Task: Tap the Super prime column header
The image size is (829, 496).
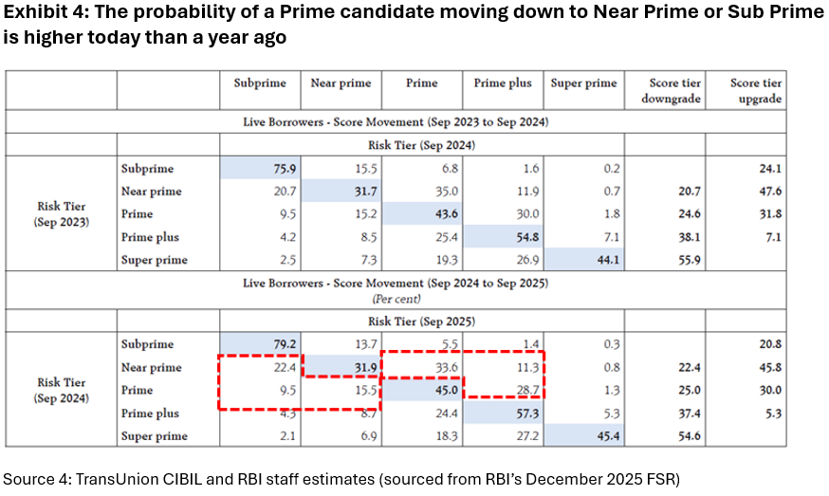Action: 582,83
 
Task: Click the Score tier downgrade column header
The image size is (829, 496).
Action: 675,91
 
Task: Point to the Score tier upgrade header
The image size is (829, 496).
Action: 756,91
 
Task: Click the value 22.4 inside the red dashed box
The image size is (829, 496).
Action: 272,368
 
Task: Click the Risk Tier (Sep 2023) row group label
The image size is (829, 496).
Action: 62,214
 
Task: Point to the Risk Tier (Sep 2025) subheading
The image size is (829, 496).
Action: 420,321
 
